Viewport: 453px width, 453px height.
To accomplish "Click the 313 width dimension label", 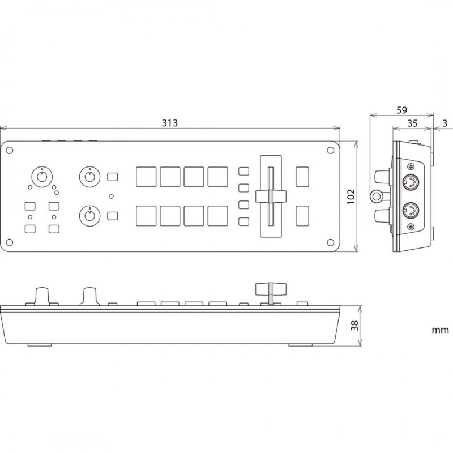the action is click(169, 123).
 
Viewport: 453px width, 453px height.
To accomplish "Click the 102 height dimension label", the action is click(351, 196).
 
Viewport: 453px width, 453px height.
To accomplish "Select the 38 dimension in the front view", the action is click(355, 326).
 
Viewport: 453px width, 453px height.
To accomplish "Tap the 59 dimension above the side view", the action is click(401, 110).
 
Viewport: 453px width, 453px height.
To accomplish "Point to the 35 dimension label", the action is click(412, 123).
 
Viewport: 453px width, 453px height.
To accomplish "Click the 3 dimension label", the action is click(445, 123).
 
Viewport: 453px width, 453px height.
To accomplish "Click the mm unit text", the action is click(441, 330).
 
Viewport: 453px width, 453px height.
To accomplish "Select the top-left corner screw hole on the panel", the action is click(10, 150).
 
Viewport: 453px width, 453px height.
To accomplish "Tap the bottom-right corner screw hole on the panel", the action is click(330, 242).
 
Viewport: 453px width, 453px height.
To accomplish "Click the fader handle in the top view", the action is click(271, 196).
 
